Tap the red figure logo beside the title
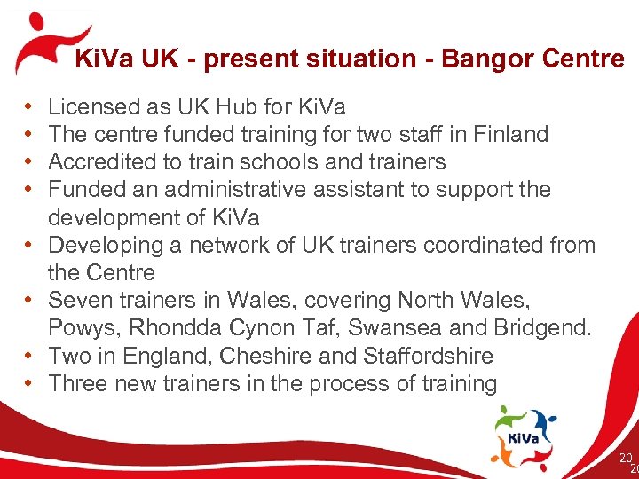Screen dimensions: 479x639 tap(44, 43)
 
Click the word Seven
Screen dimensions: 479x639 tap(78, 300)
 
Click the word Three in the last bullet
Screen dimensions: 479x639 tap(76, 383)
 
